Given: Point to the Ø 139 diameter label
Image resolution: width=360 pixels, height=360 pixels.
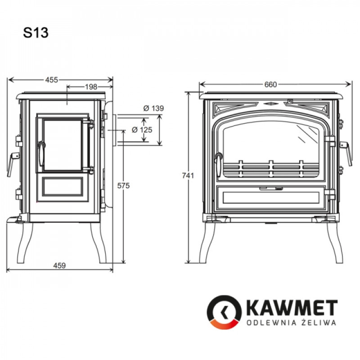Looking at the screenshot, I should [153, 108].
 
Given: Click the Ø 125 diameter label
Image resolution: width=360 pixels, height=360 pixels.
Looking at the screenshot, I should [142, 130].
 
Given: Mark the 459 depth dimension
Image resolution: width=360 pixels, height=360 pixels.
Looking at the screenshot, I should [59, 265].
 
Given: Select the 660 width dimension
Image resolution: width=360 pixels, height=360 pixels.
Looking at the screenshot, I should [270, 85].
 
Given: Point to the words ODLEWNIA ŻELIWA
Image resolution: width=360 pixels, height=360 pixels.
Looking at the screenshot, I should [291, 323].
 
